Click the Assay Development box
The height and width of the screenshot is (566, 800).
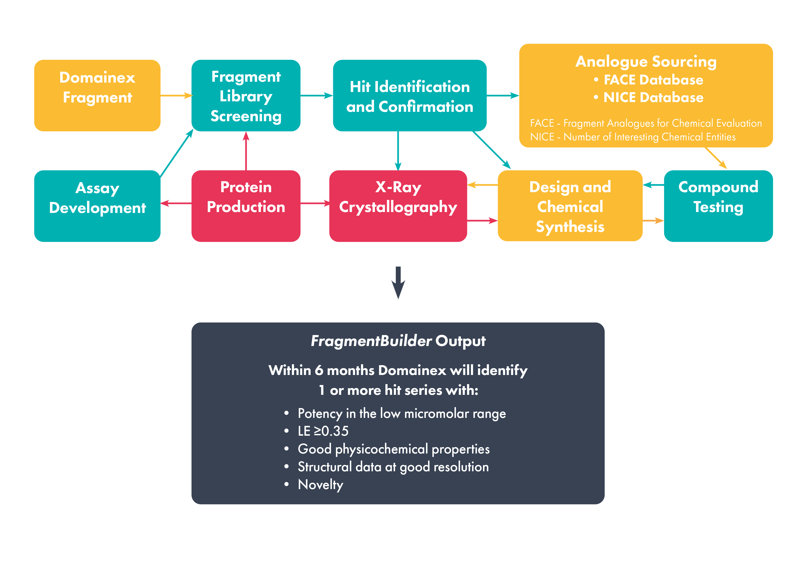[97, 206]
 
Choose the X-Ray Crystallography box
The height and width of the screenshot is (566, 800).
[398, 206]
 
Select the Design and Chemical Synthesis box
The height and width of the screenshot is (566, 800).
[570, 206]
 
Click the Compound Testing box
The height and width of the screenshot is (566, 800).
[718, 206]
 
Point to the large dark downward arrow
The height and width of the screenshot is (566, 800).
[398, 283]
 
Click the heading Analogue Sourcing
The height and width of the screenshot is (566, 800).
[646, 61]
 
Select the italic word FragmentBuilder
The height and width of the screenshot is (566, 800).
[371, 341]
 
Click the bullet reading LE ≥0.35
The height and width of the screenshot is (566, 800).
[323, 431]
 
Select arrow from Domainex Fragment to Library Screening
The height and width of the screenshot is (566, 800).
[176, 95]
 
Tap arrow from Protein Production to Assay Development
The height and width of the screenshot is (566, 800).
[176, 203]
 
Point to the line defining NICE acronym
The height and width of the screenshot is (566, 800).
[632, 137]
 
